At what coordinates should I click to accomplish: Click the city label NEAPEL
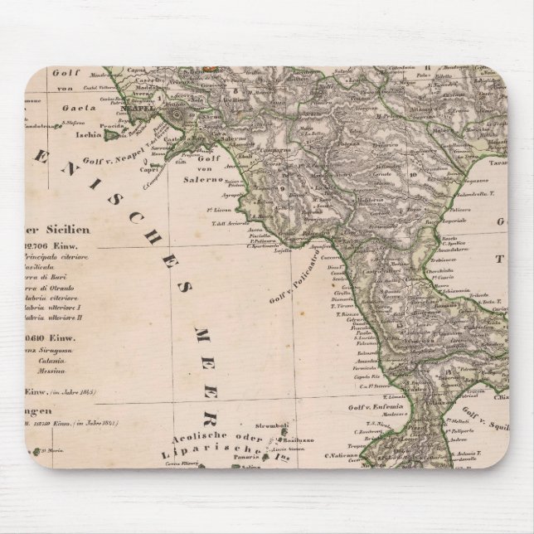tap(141, 108)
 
